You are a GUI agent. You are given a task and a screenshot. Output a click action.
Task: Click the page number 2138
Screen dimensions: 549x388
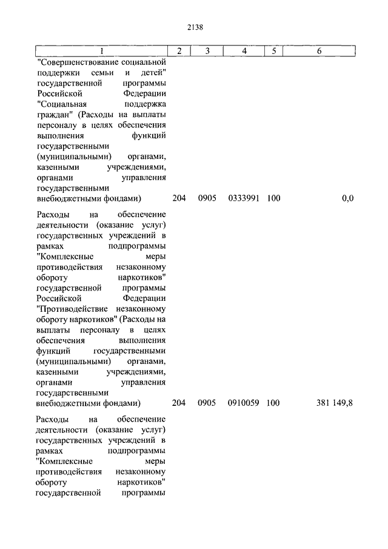[194, 27]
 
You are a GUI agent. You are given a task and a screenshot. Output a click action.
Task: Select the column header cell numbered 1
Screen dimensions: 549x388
[101, 51]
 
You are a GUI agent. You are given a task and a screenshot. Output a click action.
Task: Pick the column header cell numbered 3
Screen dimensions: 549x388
[207, 51]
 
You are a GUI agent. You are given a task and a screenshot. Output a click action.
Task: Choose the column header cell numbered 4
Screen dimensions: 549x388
[244, 51]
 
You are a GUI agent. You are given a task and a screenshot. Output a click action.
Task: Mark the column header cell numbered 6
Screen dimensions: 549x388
[319, 51]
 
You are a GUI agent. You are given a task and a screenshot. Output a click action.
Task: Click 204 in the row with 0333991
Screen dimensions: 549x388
[179, 198]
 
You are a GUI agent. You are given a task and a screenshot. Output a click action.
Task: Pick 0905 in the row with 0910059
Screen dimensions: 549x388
[207, 403]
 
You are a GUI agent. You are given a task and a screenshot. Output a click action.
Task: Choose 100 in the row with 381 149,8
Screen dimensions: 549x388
[273, 403]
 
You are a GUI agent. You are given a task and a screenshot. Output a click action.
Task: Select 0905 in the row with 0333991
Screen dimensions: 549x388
[207, 198]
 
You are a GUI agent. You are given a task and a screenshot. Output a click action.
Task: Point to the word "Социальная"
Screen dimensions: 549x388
[58, 104]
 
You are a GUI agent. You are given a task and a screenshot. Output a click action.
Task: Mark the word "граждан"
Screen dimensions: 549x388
[52, 114]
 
